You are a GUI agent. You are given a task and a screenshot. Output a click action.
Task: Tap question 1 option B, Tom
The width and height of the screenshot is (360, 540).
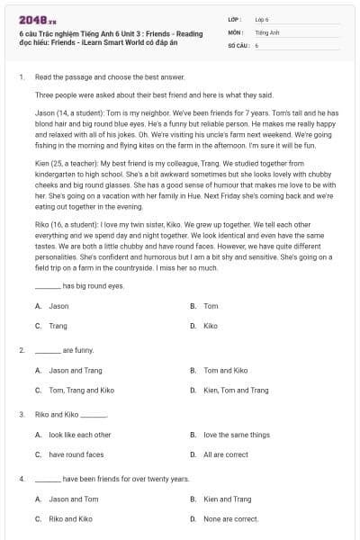tap(211, 306)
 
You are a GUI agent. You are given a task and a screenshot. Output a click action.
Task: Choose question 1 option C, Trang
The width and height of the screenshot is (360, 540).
tap(58, 326)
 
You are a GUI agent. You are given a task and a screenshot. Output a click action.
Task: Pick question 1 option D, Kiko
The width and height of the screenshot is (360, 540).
tap(211, 326)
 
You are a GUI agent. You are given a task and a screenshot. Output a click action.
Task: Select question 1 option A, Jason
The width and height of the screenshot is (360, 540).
tap(58, 306)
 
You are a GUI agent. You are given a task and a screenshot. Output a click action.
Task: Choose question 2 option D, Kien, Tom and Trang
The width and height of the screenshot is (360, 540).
tap(236, 390)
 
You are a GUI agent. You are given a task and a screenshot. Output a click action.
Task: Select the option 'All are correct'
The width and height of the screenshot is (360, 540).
tap(226, 454)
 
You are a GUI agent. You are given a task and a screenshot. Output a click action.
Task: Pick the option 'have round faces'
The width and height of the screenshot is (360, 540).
tap(76, 454)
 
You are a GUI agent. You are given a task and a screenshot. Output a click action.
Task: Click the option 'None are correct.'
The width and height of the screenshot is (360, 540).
tap(231, 519)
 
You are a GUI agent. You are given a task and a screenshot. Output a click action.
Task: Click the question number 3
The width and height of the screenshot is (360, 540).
tap(22, 415)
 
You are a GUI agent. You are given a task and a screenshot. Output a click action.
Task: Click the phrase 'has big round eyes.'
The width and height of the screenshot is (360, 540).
tap(94, 286)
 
